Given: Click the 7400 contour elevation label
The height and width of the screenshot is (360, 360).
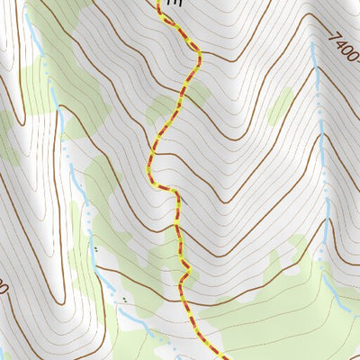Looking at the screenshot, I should pos(344,48).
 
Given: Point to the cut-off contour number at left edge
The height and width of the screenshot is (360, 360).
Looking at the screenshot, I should pos(4,289).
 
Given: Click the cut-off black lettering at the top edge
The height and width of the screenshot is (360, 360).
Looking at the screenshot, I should pos(174,4).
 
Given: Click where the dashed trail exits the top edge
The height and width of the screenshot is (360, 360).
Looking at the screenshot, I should pos(159,2).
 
